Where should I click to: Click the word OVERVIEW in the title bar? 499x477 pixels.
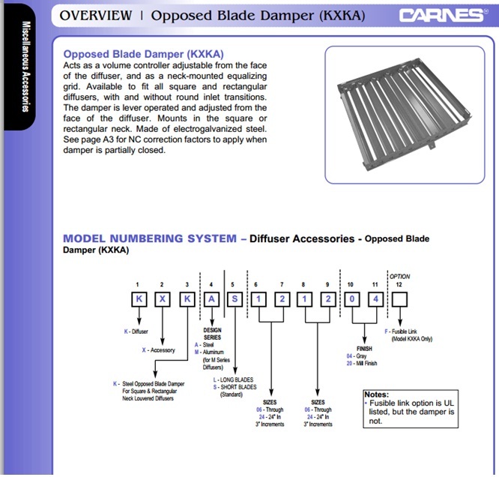[94, 15]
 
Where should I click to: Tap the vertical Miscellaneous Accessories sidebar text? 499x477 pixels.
[25, 67]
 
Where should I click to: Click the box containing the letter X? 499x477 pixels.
[161, 299]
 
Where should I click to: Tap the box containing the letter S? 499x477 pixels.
[234, 299]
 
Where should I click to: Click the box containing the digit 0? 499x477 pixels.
[352, 299]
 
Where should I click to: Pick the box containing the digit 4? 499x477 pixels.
[375, 299]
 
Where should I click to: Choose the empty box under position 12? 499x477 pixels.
[401, 299]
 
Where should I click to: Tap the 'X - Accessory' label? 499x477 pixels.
[160, 350]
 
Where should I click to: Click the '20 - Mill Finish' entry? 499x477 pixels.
[362, 363]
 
